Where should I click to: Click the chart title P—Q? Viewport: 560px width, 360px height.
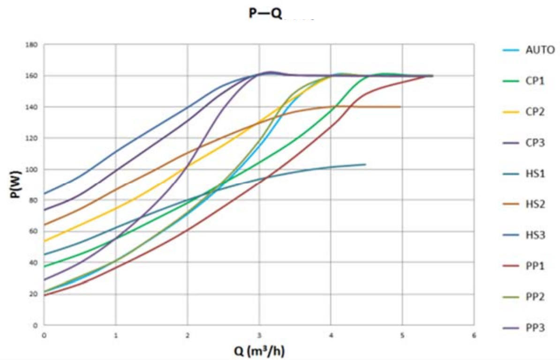(x=265, y=14)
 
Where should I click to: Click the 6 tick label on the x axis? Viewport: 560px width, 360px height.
(x=474, y=335)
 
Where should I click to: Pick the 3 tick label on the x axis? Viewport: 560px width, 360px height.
(x=259, y=335)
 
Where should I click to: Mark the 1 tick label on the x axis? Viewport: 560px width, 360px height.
(x=115, y=335)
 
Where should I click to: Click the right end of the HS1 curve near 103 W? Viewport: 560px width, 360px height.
(x=365, y=164)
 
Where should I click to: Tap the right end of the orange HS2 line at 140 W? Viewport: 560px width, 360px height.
(x=400, y=107)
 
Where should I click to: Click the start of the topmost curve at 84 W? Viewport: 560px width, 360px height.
(x=45, y=193)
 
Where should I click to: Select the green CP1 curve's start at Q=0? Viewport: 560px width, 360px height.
(x=45, y=266)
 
